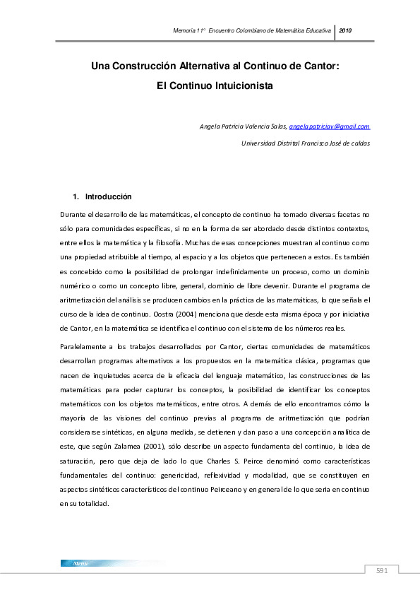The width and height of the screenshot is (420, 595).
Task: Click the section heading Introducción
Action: [x=108, y=196]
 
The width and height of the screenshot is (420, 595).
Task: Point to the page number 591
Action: [x=382, y=570]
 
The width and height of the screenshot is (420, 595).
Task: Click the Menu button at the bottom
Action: [x=79, y=563]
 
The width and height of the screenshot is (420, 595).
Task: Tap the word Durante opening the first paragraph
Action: [x=75, y=212]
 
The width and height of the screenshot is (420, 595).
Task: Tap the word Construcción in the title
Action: [x=135, y=66]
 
